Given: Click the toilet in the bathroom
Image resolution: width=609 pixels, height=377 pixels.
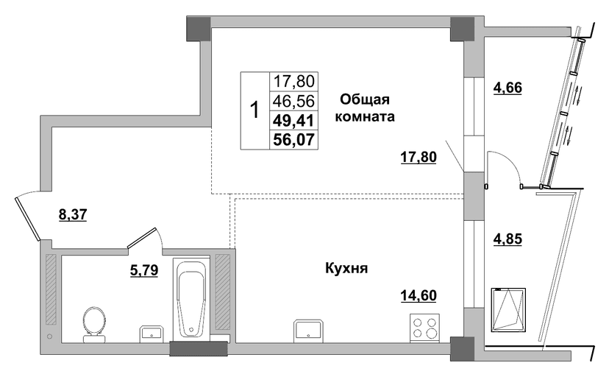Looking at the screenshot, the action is [94, 325].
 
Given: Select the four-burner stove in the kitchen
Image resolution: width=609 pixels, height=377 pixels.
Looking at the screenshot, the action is [424, 328].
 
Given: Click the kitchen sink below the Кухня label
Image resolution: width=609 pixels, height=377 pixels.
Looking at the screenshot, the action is [308, 331].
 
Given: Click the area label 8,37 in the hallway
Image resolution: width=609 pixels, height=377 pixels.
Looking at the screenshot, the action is [73, 214].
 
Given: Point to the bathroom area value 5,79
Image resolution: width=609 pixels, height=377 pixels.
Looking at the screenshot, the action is [144, 269].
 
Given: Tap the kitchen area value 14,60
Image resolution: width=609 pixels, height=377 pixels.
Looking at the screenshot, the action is [419, 296].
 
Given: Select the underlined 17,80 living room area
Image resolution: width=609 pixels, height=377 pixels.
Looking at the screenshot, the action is [419, 158].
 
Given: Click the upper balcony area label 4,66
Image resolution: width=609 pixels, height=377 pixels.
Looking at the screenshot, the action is [508, 88].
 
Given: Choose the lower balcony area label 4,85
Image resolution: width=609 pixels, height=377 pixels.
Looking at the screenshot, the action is [508, 239].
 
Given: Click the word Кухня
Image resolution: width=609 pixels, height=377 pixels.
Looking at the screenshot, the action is [346, 269].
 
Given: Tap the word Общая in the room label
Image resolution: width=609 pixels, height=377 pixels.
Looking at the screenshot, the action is [365, 100].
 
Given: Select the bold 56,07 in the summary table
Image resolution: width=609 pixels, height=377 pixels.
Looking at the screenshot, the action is [294, 139].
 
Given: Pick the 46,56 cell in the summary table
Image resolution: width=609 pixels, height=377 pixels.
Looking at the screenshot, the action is [293, 101].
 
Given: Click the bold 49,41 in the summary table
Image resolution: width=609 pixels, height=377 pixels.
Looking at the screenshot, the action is [293, 121].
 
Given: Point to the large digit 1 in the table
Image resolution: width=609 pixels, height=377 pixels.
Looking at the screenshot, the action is [254, 110].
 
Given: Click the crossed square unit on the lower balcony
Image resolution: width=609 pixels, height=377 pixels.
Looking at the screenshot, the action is [508, 310].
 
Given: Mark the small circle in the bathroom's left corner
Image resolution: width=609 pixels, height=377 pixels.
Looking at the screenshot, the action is [49, 337].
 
